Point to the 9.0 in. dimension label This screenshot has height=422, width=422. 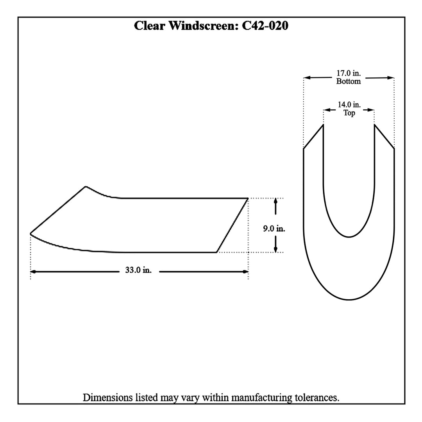[x=274, y=229]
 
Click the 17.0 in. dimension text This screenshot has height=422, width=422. [x=349, y=73]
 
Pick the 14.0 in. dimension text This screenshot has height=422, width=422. [x=349, y=105]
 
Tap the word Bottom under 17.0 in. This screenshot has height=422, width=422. [x=349, y=81]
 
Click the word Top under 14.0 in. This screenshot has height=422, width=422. [x=349, y=113]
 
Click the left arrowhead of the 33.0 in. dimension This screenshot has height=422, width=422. [x=33, y=271]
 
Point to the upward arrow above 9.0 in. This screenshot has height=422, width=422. [x=275, y=201]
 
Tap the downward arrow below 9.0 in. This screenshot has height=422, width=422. [x=275, y=249]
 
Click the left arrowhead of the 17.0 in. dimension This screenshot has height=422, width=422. [x=307, y=78]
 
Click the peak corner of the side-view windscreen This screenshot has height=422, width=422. [x=86, y=186]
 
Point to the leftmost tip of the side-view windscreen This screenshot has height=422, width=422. [x=30, y=233]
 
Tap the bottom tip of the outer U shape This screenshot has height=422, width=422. [x=349, y=300]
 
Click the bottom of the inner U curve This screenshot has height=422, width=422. [x=349, y=237]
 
